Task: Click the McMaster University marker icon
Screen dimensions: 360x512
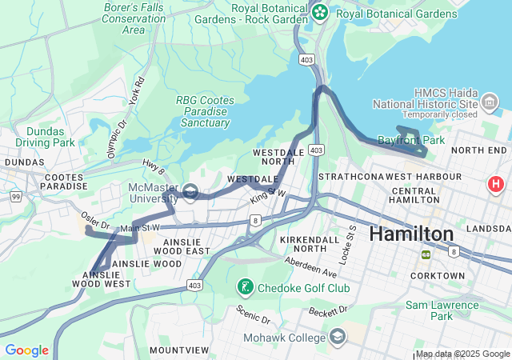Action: [x=190, y=191]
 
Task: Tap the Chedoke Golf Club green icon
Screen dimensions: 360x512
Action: [x=244, y=286]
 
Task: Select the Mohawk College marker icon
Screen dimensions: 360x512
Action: [x=337, y=336]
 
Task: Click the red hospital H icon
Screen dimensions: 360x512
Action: [x=496, y=185]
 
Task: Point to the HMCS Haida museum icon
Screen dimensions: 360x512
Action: [x=489, y=102]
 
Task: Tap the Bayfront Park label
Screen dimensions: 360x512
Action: [x=422, y=140]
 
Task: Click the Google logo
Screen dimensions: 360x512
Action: [x=26, y=350]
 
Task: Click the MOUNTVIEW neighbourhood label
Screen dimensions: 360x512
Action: [x=179, y=350]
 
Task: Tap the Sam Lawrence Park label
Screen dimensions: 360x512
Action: [x=441, y=310]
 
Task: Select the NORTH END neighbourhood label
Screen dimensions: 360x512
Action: [x=479, y=150]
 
